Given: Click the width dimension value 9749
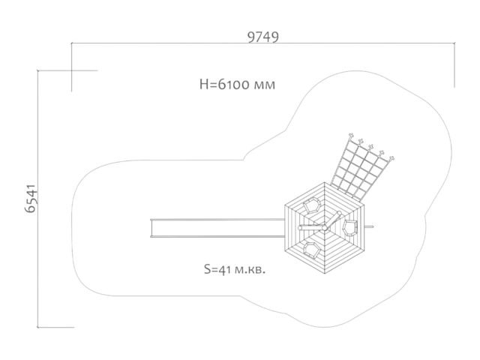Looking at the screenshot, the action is (x=263, y=37).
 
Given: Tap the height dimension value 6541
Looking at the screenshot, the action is (x=31, y=199).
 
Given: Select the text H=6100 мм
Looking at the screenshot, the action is (x=237, y=84).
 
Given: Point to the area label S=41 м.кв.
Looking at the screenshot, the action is (x=235, y=270).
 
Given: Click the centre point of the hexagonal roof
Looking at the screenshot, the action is (x=325, y=228).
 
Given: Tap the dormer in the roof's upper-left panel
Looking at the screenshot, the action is (x=312, y=205).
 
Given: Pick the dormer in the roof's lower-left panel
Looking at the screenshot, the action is (x=312, y=250).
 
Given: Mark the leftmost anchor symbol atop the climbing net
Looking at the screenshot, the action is (x=351, y=136).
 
